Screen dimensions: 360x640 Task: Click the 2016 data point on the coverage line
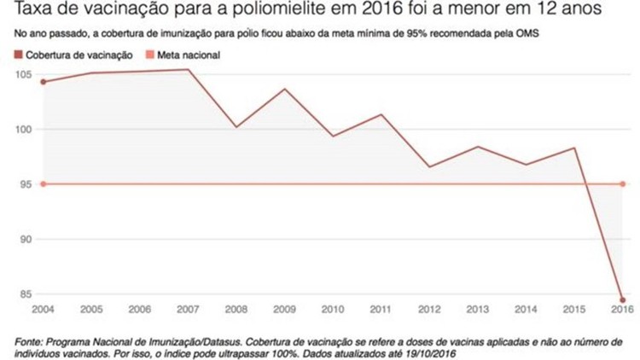623,299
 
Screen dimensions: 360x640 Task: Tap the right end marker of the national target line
624,184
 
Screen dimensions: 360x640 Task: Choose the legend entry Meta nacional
183,55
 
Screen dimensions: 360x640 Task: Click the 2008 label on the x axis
236,309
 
